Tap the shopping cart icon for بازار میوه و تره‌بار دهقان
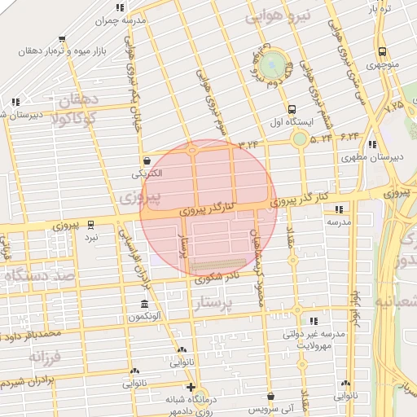pos(63,38)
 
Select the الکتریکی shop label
pos(147,173)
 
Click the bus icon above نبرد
pos(90,222)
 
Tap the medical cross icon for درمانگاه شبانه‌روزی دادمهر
pos(191,387)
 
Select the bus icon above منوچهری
pos(381,50)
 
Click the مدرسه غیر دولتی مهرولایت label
pos(320,339)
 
